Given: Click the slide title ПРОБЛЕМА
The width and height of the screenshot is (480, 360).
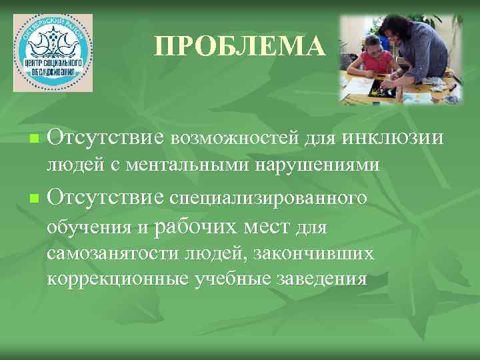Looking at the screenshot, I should point(240,47).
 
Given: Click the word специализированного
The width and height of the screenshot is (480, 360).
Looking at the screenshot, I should point(269,198).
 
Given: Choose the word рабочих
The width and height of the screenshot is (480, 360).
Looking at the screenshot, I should point(194,227).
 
